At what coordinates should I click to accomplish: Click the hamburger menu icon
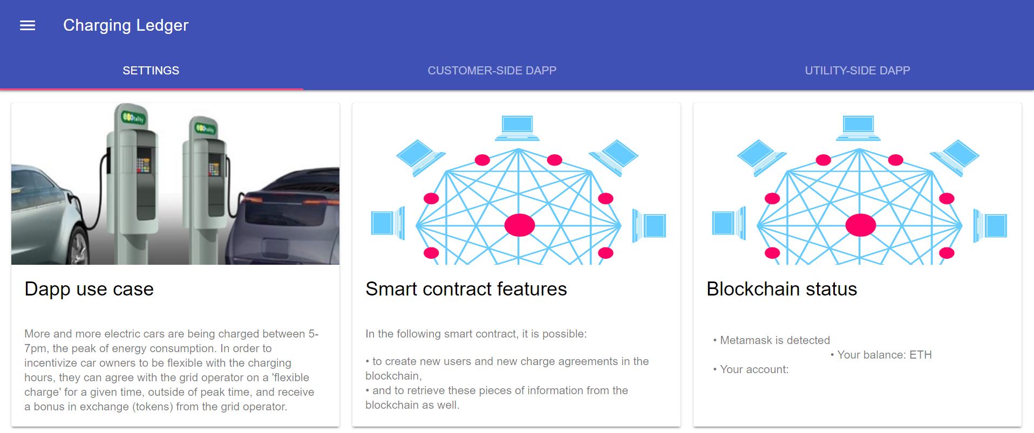28,25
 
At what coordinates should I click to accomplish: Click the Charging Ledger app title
126,25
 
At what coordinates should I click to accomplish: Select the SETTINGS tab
151,71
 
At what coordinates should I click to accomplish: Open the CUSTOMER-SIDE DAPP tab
492,71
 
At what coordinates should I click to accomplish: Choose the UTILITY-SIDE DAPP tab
858,71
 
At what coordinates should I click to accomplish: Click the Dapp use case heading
89,289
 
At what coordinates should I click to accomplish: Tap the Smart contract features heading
466,289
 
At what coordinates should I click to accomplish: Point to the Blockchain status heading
781,289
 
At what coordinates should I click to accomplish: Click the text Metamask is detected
775,340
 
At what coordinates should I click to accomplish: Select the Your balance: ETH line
885,355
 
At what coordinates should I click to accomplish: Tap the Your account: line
754,369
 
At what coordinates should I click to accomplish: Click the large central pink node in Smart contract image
519,225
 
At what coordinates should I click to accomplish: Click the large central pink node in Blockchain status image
860,225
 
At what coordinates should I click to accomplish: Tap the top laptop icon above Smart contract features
517,128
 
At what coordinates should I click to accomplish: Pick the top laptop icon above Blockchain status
858,128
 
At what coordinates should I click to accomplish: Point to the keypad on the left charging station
144,165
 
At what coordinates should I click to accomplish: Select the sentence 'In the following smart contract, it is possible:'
476,334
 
